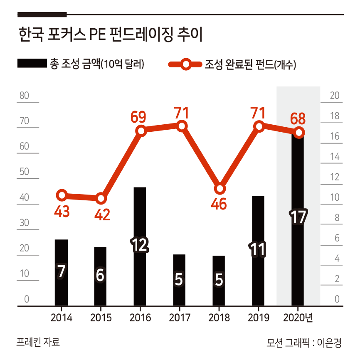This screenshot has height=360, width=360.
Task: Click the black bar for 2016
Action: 140,216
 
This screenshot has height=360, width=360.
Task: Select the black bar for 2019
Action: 258,224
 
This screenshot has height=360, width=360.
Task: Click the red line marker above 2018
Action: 220,189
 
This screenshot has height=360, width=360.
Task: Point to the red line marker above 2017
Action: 181,126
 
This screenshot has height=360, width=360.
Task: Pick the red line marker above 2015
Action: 101,198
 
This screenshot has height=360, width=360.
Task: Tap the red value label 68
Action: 298,118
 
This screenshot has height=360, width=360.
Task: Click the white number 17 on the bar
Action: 298,217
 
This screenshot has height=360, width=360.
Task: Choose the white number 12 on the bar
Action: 139,245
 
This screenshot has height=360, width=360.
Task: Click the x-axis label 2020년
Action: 298,318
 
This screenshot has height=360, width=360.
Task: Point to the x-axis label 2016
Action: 140,318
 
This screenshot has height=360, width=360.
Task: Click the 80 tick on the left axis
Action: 24,96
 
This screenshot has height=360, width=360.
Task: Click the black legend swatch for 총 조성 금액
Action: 32,64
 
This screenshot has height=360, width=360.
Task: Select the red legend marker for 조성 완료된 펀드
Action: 185,64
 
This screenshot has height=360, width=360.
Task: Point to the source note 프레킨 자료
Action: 38,342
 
